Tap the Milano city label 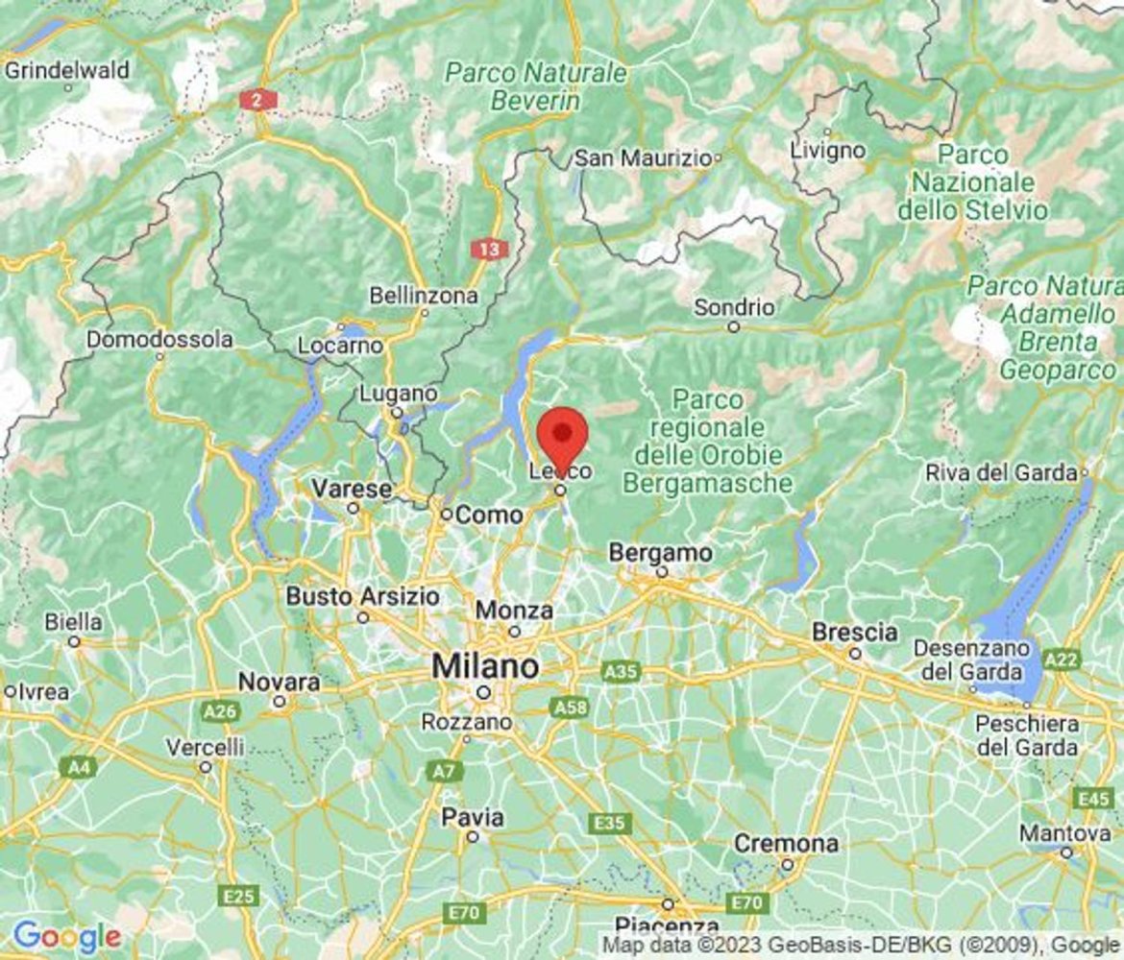(x=485, y=666)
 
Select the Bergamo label (x=661, y=554)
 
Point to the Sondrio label (x=734, y=308)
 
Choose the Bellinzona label (x=424, y=295)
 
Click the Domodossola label (x=159, y=340)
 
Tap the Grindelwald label (x=67, y=70)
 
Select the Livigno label (x=827, y=151)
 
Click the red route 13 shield (x=489, y=250)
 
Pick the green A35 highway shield (x=621, y=672)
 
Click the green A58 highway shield (x=567, y=708)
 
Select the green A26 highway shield (x=221, y=711)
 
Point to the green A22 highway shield (x=1062, y=660)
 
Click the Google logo (x=66, y=936)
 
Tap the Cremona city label (x=786, y=844)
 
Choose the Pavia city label (x=472, y=818)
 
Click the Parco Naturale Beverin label (x=536, y=86)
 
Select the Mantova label (x=1065, y=833)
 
